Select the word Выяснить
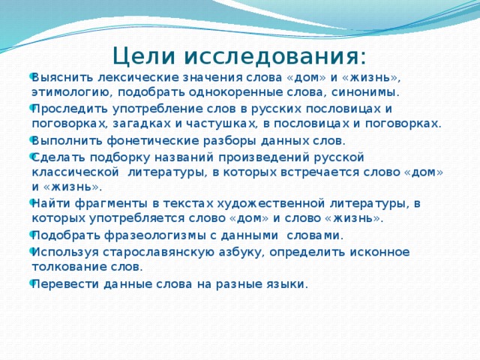pos(62,78)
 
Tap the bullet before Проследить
pos(31,107)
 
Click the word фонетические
pos(153,141)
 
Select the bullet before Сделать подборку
pos(31,156)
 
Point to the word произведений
pos(265,157)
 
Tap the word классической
pos(75,172)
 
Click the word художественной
pos(271,203)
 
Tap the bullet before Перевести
pos(31,283)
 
